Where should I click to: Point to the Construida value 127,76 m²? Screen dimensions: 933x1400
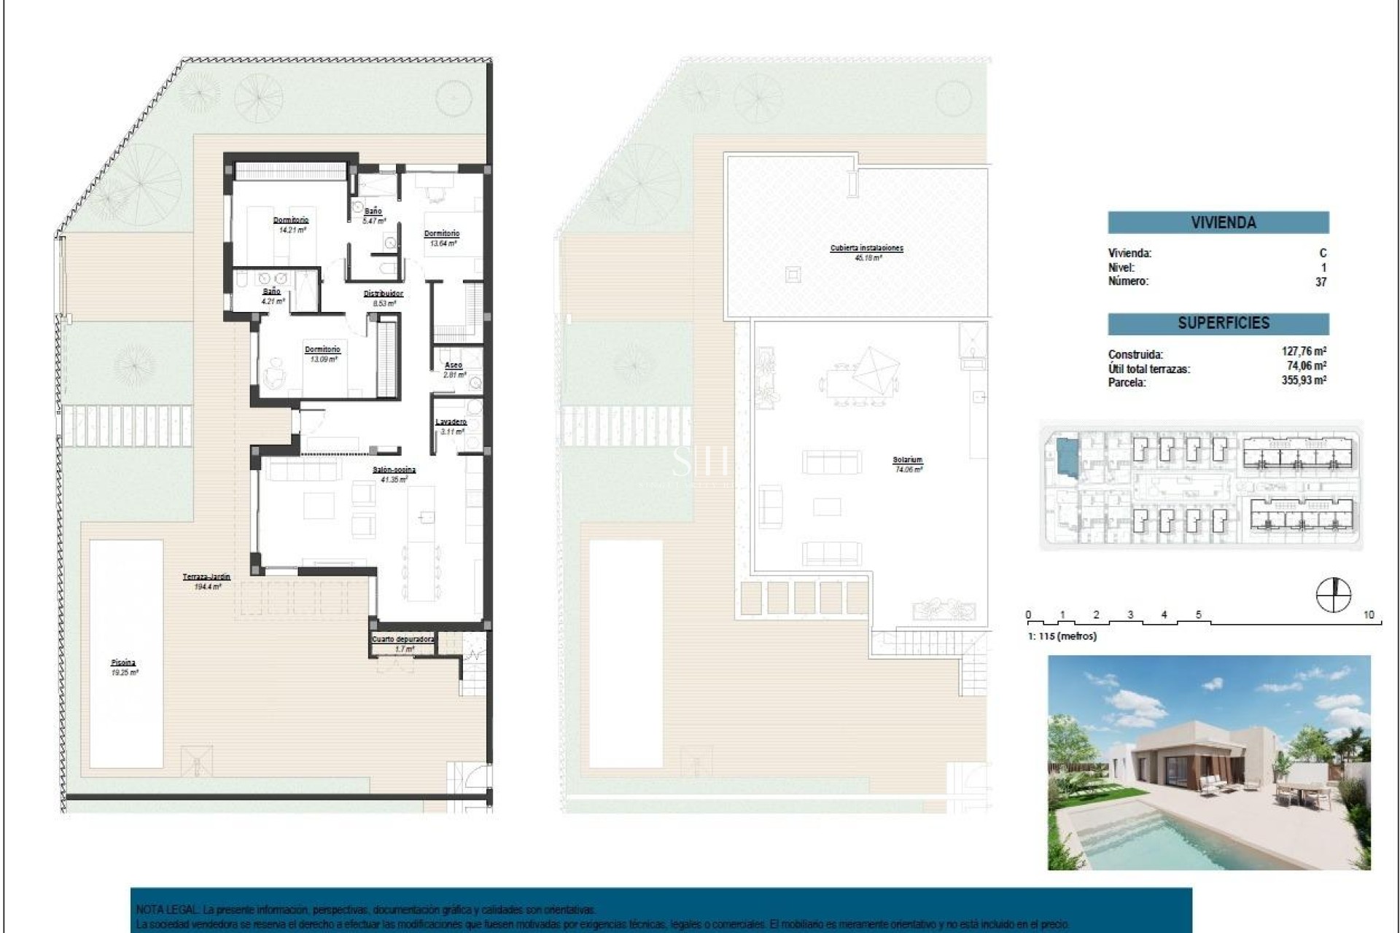pyautogui.click(x=1304, y=352)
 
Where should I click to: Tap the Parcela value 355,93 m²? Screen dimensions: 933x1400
pyautogui.click(x=1304, y=380)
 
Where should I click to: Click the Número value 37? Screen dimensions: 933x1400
pyautogui.click(x=1321, y=282)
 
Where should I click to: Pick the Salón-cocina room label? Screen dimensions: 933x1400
pyautogui.click(x=394, y=470)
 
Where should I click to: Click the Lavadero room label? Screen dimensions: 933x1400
pyautogui.click(x=451, y=422)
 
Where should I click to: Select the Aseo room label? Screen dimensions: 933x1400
pyautogui.click(x=453, y=365)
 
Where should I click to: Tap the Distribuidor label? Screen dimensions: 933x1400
pyautogui.click(x=384, y=294)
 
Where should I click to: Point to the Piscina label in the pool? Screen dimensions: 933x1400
pyautogui.click(x=123, y=663)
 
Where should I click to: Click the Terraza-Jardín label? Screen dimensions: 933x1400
pyautogui.click(x=206, y=577)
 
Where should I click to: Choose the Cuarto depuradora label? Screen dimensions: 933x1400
pyautogui.click(x=403, y=639)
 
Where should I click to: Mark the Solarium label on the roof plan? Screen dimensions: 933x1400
pyautogui.click(x=907, y=460)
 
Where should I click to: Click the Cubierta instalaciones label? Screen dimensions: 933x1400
pyautogui.click(x=866, y=248)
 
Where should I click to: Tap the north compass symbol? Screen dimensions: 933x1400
pyautogui.click(x=1333, y=594)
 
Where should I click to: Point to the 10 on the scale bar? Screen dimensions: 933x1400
pyautogui.click(x=1368, y=615)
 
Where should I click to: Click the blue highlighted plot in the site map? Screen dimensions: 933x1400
pyautogui.click(x=1066, y=459)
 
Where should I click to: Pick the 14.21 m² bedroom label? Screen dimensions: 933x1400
pyautogui.click(x=291, y=220)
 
